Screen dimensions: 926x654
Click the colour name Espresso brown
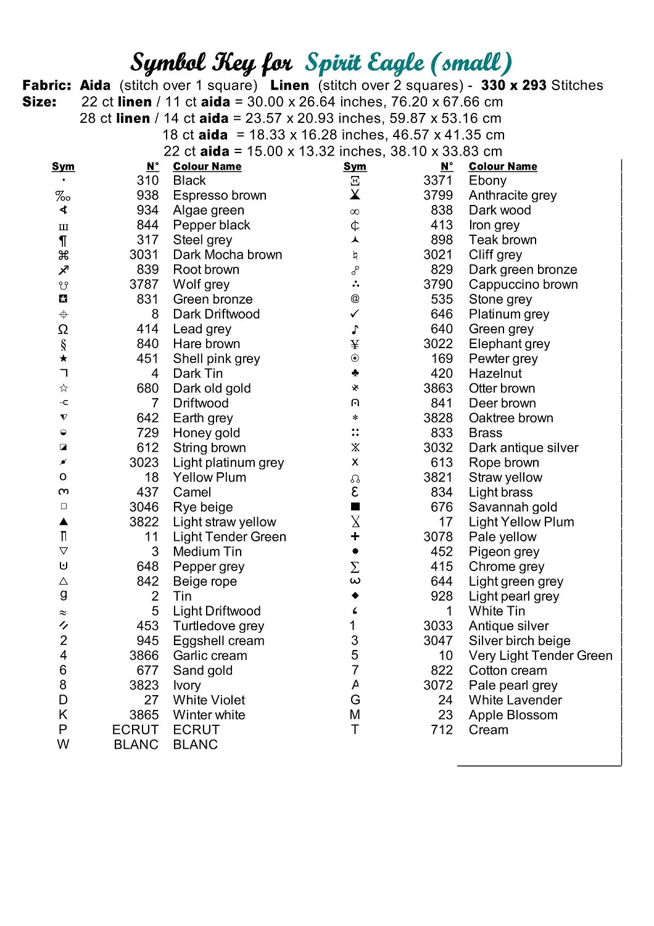tap(220, 196)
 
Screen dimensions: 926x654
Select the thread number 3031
tap(144, 255)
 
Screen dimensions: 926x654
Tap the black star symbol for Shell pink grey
tap(64, 359)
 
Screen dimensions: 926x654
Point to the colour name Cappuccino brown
tap(523, 285)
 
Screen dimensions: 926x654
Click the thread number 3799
tap(438, 196)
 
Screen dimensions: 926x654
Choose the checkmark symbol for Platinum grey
tap(355, 314)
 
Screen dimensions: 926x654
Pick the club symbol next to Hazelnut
tap(355, 373)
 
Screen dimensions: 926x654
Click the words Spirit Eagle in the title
tap(365, 63)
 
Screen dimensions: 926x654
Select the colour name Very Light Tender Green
tap(540, 656)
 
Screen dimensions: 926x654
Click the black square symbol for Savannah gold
tap(355, 507)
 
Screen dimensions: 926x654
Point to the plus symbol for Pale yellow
tap(355, 536)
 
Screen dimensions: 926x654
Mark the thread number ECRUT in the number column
tap(135, 730)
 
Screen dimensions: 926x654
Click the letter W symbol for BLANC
tap(63, 745)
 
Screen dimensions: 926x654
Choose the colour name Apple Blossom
tap(513, 715)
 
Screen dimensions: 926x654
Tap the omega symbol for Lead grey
tap(63, 329)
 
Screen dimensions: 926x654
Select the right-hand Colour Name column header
tap(503, 167)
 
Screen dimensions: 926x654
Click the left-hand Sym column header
tap(63, 167)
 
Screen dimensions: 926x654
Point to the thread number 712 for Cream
tap(442, 730)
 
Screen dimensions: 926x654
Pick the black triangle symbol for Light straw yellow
tap(64, 522)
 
